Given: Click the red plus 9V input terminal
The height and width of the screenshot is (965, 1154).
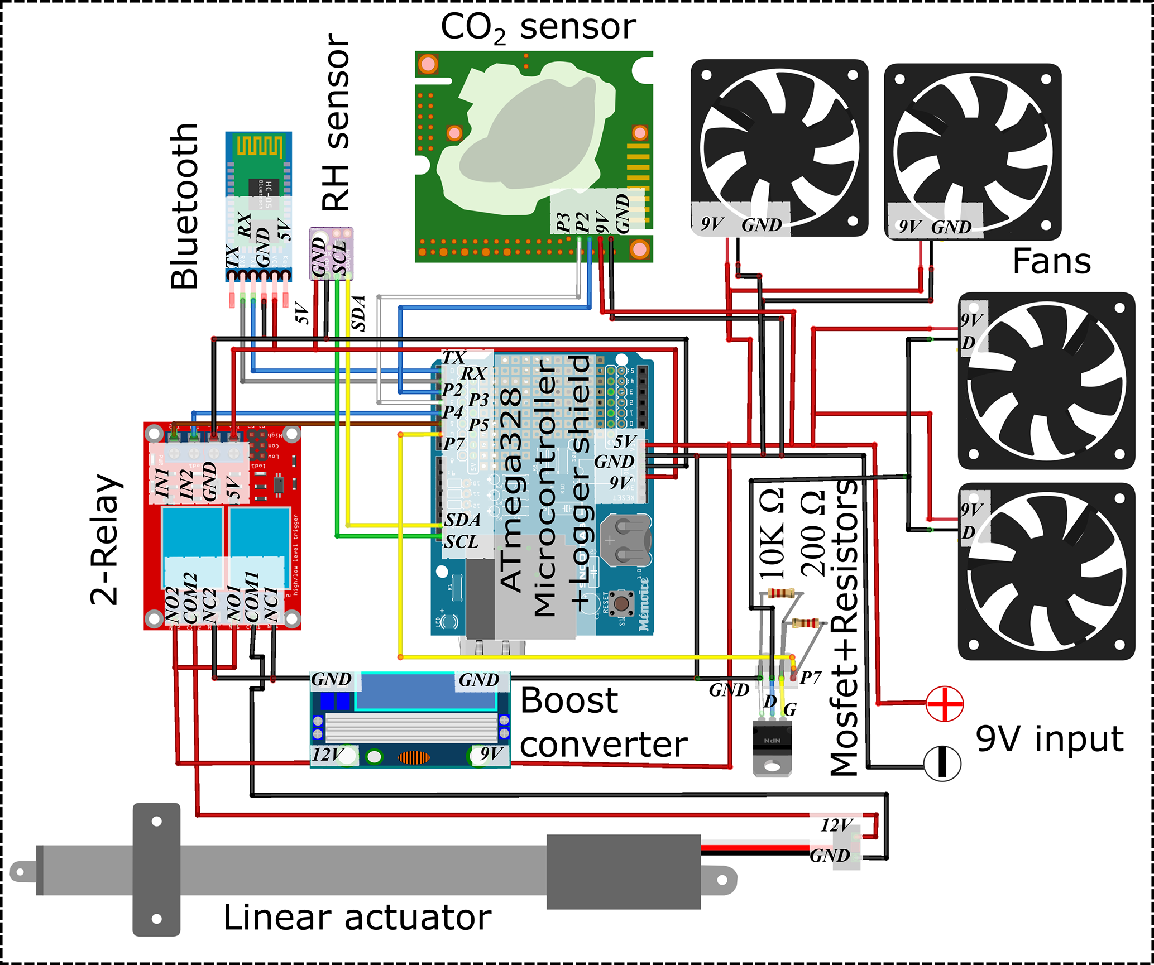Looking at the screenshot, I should point(945,703).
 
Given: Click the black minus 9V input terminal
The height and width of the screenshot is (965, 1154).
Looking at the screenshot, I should point(942,763).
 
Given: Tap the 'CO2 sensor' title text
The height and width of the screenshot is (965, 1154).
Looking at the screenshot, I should point(538,27).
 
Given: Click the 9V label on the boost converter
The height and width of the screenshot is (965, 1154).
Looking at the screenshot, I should point(491,755).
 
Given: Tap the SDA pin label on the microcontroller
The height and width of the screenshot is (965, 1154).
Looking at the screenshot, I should point(462,520).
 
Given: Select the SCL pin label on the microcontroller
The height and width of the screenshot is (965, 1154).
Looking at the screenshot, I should point(461,541).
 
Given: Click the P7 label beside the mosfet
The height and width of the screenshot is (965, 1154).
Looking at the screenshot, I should point(811,678).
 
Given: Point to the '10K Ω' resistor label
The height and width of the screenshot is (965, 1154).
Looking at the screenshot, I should point(773,533).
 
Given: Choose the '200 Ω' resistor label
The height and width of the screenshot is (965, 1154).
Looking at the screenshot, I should point(813,533).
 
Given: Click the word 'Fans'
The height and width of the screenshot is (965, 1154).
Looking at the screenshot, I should point(1052,261).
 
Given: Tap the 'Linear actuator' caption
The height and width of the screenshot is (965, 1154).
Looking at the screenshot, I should point(357,918).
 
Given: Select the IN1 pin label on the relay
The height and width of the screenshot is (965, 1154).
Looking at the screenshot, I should point(162,483).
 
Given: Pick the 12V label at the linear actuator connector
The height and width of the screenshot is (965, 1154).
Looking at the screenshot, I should point(836,825).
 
